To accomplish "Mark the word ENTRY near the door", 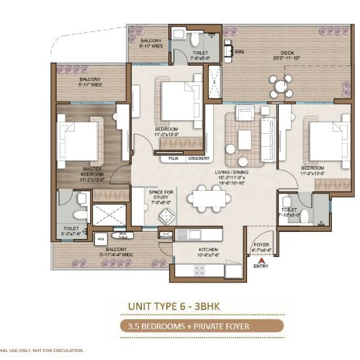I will (x=261, y=266).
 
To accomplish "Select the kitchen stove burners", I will (x=166, y=235).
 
